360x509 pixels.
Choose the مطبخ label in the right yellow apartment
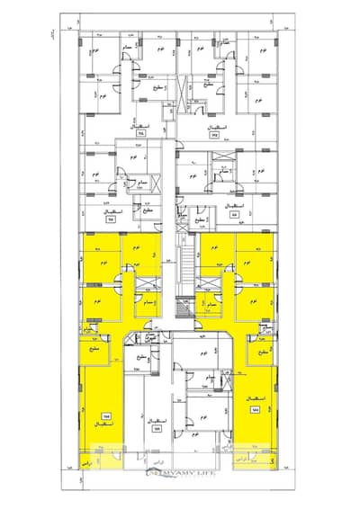263,353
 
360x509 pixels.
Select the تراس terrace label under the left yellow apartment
101,461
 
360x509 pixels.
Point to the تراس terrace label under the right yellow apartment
257,461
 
